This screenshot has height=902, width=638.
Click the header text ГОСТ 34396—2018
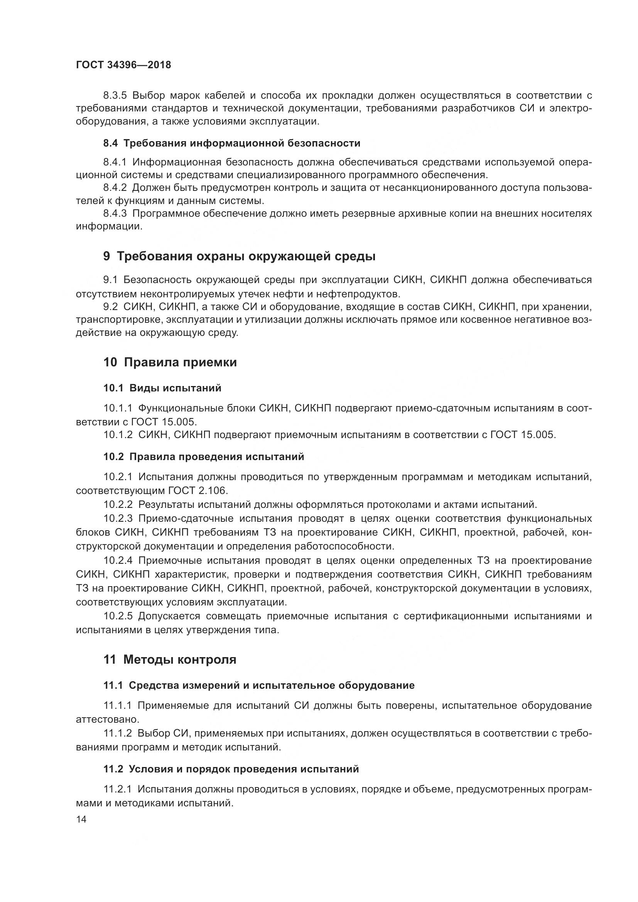click(123, 65)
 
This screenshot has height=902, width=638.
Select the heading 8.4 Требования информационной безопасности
click(232, 143)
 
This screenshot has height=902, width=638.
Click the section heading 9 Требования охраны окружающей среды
click(239, 256)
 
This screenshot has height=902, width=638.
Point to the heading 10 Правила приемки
click(170, 362)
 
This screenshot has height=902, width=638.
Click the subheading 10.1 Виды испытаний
click(162, 388)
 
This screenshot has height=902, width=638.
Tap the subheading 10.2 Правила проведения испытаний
click(204, 457)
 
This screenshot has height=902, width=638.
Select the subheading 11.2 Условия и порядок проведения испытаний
click(231, 769)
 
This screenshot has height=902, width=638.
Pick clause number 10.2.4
click(118, 560)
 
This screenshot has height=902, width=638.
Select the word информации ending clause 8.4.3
click(109, 227)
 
